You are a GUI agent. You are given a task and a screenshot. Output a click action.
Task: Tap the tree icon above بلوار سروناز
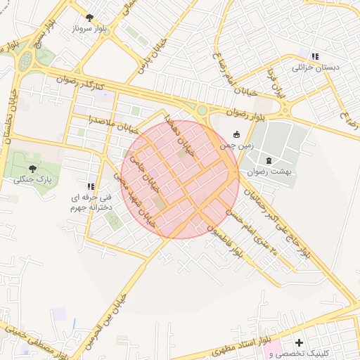[x=89, y=17]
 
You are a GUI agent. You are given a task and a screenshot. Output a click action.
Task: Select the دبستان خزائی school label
[x=315, y=67]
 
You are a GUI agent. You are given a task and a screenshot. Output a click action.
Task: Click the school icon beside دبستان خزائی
[x=315, y=56]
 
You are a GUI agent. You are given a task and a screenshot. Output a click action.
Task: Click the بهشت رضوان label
[x=269, y=171]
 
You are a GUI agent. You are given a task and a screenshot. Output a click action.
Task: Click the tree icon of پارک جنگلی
[x=32, y=168]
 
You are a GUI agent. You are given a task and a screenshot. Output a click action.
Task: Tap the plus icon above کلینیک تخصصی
[x=299, y=342]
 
